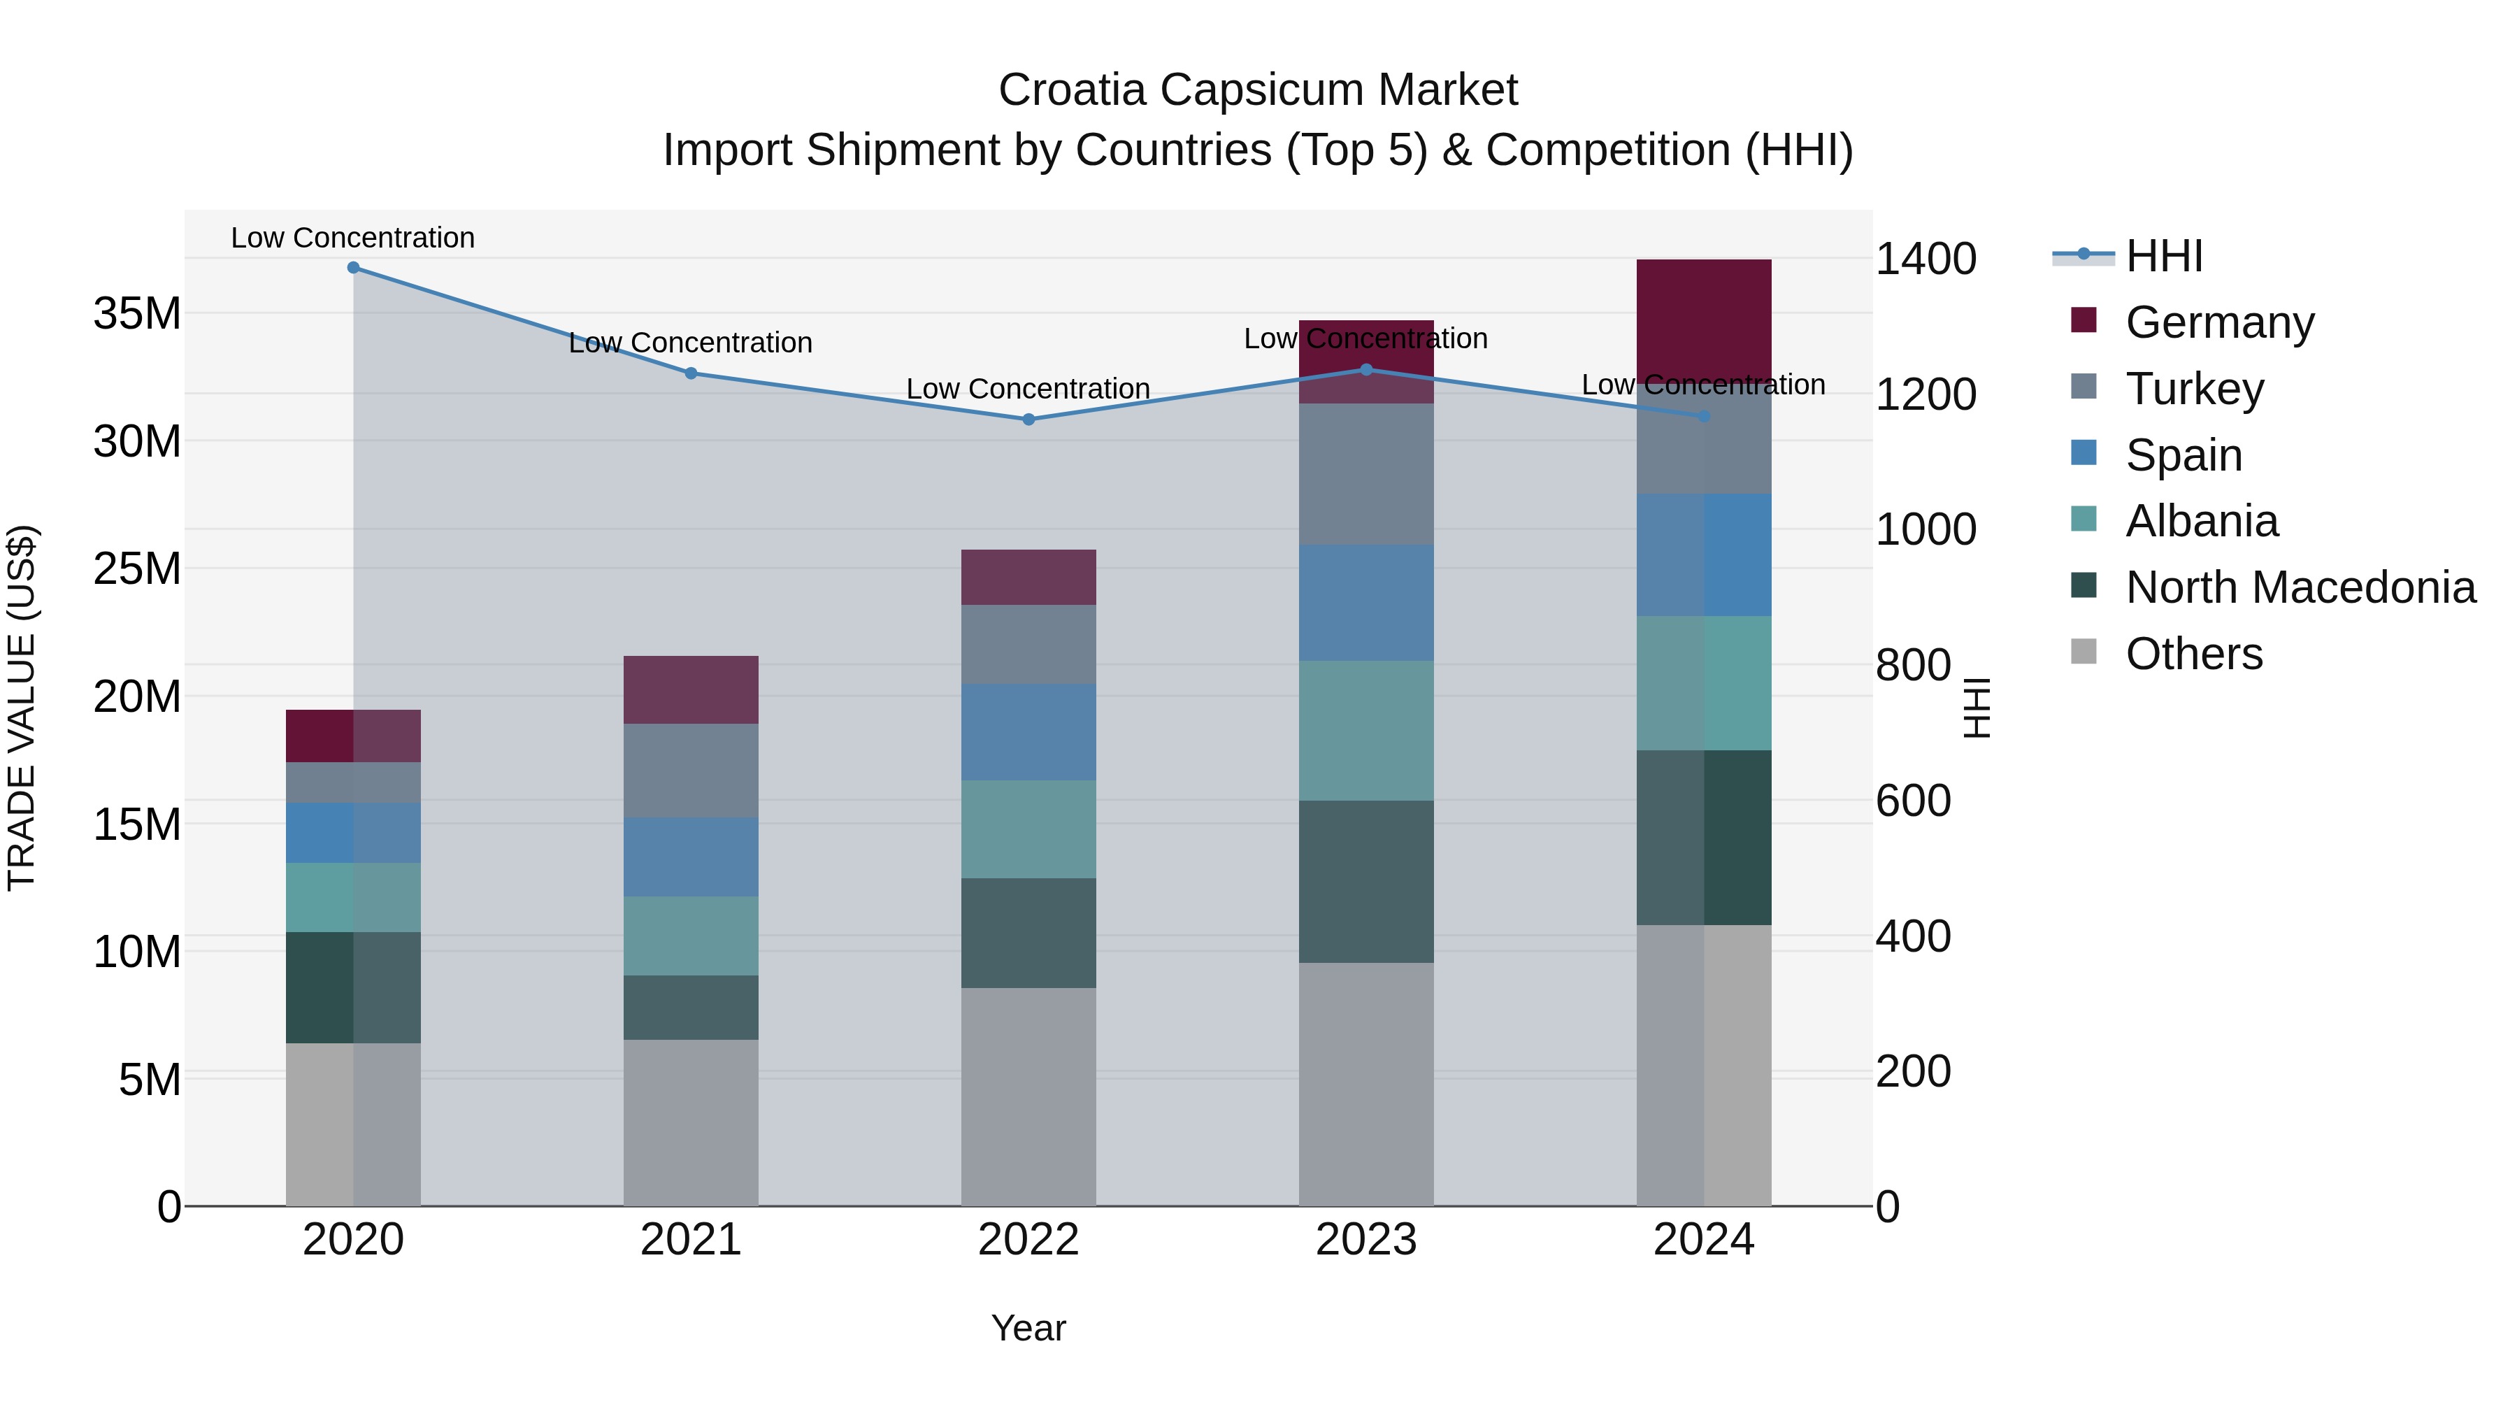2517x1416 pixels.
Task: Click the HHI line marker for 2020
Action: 353,268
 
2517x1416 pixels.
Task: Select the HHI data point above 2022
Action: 1028,420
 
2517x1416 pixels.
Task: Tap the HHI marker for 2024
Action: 1703,416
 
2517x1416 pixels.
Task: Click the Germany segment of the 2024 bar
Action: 1703,317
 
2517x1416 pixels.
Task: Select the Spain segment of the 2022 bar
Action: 1028,732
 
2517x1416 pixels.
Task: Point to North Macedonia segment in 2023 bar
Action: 1366,882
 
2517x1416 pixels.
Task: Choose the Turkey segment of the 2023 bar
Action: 1366,474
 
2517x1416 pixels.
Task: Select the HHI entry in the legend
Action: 2163,256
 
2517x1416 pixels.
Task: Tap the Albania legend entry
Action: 2202,521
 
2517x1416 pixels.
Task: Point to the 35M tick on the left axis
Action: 138,314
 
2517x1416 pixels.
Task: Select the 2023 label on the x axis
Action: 1366,1240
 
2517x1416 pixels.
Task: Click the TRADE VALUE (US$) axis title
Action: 22,708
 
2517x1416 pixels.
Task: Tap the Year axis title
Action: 1028,1328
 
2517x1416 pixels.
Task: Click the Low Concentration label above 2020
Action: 353,238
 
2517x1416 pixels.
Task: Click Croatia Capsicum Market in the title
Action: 1258,90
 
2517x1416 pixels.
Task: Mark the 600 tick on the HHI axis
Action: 1913,801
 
